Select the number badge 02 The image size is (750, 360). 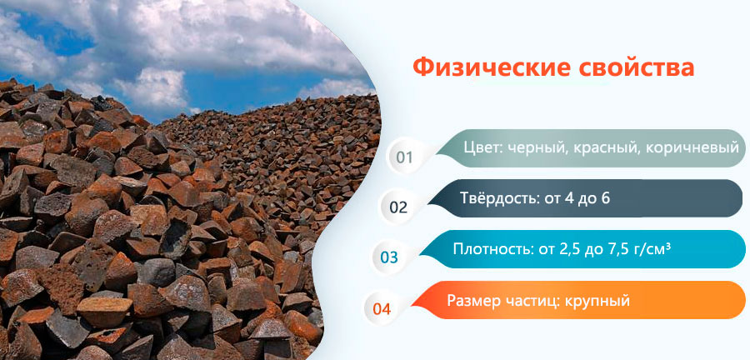(398, 207)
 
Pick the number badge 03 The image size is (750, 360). (388, 257)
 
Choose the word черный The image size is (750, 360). (532, 148)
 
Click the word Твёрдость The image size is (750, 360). (500, 198)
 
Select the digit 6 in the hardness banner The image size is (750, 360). (606, 198)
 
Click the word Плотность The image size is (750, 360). (491, 249)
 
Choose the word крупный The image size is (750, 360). (597, 302)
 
